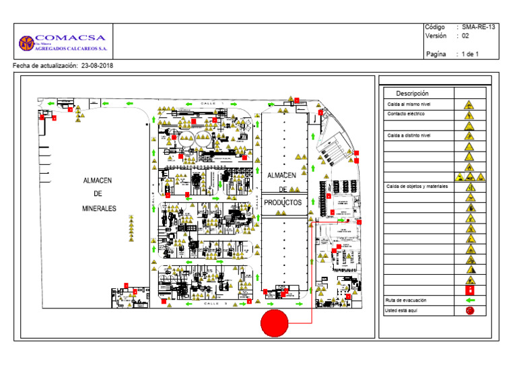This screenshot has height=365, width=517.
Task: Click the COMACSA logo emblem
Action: [26, 43]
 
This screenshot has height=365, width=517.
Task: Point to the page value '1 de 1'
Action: [470, 54]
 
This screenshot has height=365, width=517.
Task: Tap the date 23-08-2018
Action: [97, 66]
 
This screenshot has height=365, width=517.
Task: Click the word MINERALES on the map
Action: [99, 209]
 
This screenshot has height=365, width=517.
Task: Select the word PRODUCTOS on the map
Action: [283, 202]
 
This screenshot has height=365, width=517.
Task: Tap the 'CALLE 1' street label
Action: [210, 103]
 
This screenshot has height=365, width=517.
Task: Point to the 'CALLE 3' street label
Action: [210, 304]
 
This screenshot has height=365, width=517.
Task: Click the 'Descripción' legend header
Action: [412, 93]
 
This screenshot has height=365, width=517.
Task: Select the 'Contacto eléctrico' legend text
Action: [406, 114]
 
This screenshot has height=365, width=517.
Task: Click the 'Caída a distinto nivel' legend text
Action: [409, 135]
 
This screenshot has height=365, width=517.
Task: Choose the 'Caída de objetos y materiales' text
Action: [417, 186]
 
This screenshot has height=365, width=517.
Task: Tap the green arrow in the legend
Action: [471, 300]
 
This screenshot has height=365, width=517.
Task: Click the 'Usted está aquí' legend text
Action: [401, 310]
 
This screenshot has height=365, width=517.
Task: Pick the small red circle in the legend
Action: [471, 310]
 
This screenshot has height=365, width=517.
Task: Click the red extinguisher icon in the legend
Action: [471, 290]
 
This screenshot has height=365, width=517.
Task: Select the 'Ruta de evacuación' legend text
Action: [405, 300]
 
